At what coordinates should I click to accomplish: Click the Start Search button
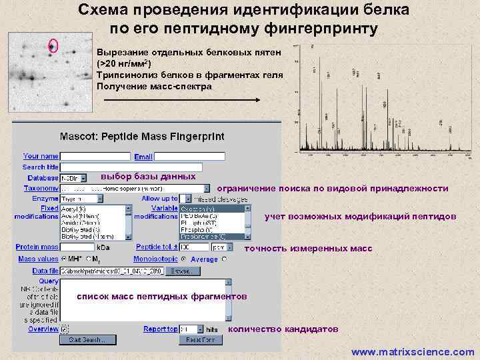coord(85,340)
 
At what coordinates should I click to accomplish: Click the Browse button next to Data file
coord(183,271)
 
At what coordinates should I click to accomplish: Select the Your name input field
coord(95,156)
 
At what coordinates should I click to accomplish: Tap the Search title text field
coord(95,167)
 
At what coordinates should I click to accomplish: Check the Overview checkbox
coord(65,329)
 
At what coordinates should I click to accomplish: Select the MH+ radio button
coord(64,259)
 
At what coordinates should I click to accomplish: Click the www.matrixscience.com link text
coord(413,352)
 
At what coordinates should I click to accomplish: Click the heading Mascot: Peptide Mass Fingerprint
coord(142,137)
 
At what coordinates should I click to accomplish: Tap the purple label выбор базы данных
coord(148,177)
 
